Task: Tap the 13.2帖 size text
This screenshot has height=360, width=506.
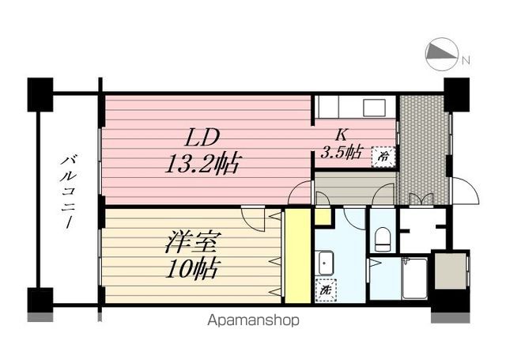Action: point(202,165)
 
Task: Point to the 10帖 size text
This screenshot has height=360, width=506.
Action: point(191,269)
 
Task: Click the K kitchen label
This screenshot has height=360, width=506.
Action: point(342,134)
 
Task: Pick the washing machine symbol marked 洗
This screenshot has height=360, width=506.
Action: point(324,290)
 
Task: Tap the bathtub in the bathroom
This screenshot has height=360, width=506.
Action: point(413,279)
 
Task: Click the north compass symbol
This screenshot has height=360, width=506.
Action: point(442,54)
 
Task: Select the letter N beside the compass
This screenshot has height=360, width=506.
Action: point(466,60)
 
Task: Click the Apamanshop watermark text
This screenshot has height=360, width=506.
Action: point(254,320)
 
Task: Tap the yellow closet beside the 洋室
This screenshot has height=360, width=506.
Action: point(297,255)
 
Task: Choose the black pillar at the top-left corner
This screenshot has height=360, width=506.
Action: point(40,93)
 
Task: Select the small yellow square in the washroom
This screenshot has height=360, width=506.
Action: point(323,216)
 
